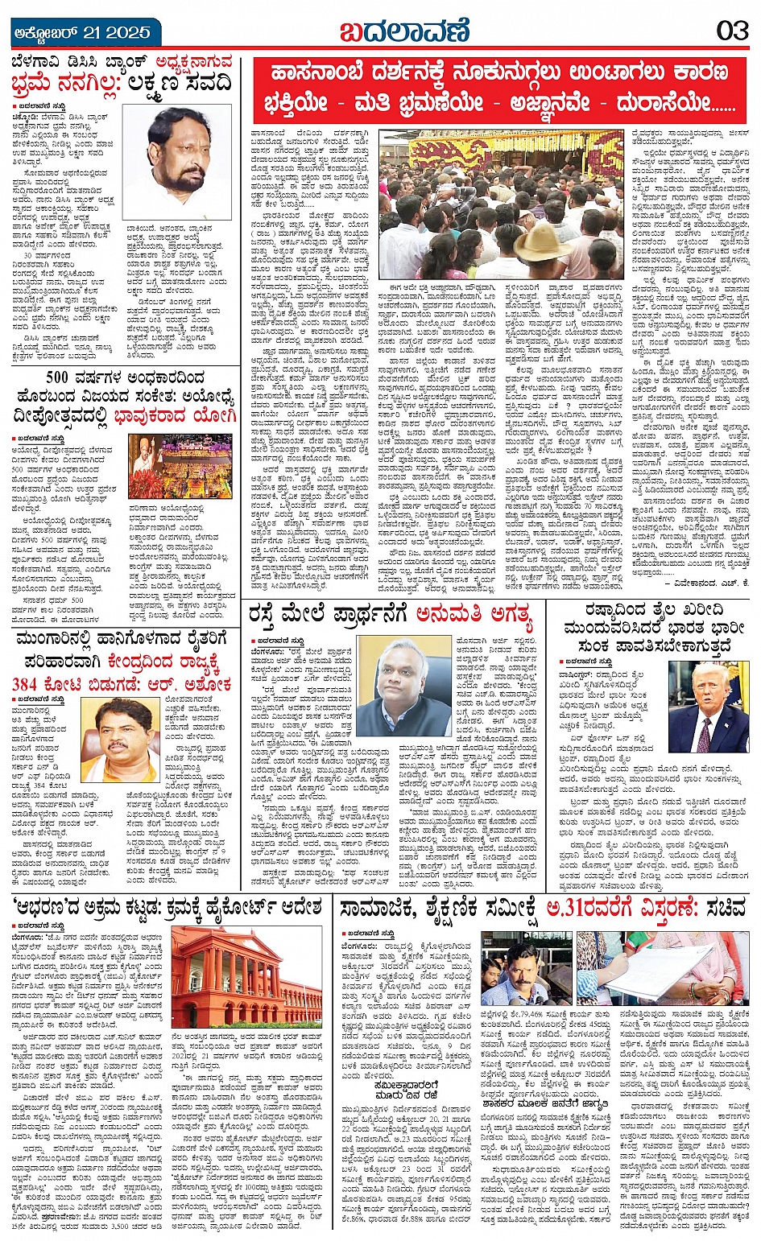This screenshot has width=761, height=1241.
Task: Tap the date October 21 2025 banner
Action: (x=83, y=32)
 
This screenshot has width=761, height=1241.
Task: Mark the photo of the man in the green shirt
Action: (x=525, y=968)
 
